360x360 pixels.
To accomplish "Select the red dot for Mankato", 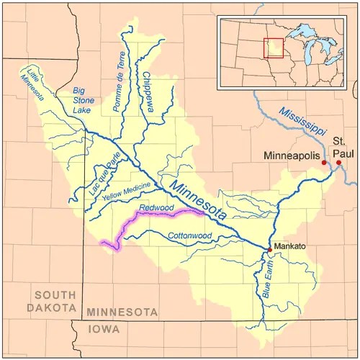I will tap(270, 249).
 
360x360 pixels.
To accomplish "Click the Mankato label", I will tap(290, 246).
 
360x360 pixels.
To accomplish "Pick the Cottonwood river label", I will tap(189, 235).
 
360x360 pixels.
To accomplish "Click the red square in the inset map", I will tap(274, 48).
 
